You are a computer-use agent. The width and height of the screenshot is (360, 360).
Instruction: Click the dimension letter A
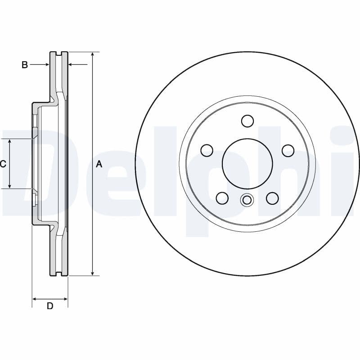(99, 164)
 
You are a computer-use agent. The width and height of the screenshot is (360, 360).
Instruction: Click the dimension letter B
(25, 65)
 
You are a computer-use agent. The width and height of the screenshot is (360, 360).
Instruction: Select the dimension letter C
(3, 164)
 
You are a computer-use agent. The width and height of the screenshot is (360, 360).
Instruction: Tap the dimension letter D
(50, 306)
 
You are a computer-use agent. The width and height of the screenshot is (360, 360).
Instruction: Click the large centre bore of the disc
(247, 163)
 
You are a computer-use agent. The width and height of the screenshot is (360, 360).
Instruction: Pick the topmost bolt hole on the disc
(247, 121)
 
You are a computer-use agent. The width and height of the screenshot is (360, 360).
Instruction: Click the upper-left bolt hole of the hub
(207, 150)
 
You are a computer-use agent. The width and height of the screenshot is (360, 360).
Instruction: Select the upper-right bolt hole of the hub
(288, 150)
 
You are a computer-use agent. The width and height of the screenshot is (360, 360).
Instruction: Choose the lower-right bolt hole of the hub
(272, 198)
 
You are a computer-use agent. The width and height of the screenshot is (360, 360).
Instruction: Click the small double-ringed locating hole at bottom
(247, 200)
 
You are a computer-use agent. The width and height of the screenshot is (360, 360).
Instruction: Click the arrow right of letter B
(46, 65)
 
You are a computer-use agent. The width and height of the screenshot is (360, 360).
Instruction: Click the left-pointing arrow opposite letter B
(71, 65)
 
